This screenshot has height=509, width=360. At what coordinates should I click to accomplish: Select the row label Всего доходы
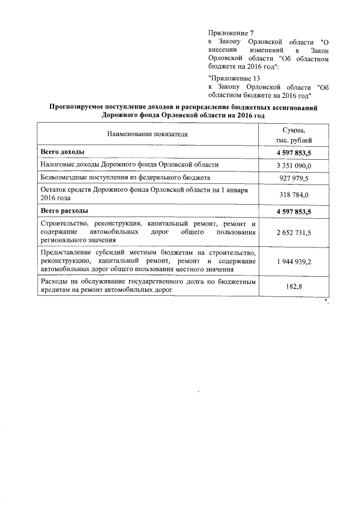pyautogui.click(x=62, y=152)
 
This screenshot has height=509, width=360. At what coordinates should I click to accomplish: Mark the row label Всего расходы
pyautogui.click(x=64, y=211)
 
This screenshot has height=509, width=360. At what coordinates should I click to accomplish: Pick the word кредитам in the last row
pyautogui.click(x=55, y=290)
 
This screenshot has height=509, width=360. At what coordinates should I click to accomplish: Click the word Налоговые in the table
pyautogui.click(x=57, y=165)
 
